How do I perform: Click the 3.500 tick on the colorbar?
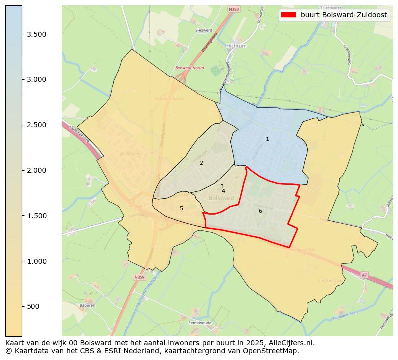[x=36, y=34]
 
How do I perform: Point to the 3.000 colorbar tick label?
[x=36, y=79]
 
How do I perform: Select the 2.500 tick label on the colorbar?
[x=36, y=125]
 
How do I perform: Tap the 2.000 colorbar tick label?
[x=36, y=170]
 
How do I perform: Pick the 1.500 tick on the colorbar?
[x=36, y=216]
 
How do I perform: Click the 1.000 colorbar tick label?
[x=36, y=261]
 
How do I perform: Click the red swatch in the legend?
[x=289, y=15]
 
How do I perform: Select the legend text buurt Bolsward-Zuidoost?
[x=343, y=15]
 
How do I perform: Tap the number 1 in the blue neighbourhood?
[x=267, y=139]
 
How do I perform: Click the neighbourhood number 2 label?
[x=201, y=163]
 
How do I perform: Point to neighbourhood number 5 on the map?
[x=181, y=208]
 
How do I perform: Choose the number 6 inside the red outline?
[x=260, y=211]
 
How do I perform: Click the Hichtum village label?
[x=236, y=46]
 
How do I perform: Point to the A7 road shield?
[x=365, y=275]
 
